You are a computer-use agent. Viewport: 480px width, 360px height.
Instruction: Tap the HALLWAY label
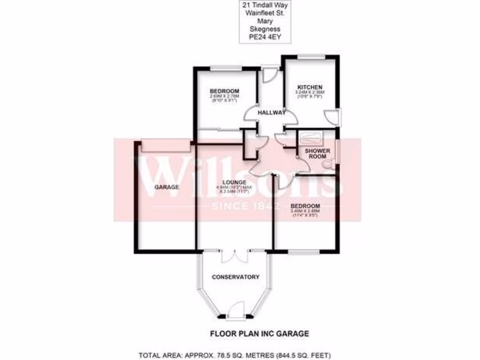(271, 112)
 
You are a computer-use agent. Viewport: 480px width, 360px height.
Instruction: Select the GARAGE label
(167, 187)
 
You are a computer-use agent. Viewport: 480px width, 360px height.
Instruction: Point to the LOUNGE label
(235, 182)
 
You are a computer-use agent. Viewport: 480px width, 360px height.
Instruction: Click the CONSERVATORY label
(235, 277)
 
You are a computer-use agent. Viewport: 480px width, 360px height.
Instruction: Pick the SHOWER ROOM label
(317, 154)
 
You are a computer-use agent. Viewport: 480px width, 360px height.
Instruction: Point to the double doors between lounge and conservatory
(234, 255)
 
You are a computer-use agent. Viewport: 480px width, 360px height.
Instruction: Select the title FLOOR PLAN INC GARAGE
(258, 334)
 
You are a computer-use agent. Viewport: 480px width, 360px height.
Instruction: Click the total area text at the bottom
(240, 354)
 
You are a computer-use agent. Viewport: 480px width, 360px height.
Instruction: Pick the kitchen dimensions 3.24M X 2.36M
(310, 93)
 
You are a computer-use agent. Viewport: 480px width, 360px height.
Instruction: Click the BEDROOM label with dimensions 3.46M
(305, 206)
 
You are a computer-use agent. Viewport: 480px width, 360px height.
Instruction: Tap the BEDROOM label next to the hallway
(225, 91)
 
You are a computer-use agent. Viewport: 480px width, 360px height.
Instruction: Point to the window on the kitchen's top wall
(312, 57)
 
